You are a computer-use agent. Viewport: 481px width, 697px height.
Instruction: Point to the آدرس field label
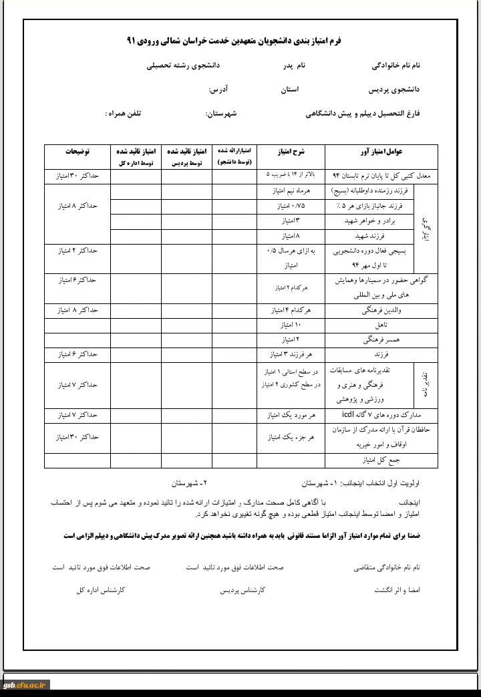pyautogui.click(x=219, y=89)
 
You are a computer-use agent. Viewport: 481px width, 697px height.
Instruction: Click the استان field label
pyautogui.click(x=289, y=89)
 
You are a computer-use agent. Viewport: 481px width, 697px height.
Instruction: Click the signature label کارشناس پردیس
pyautogui.click(x=243, y=591)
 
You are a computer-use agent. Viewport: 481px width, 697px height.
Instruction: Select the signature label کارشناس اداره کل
pyautogui.click(x=101, y=591)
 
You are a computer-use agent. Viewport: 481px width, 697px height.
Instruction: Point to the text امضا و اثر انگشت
pyautogui.click(x=397, y=591)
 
